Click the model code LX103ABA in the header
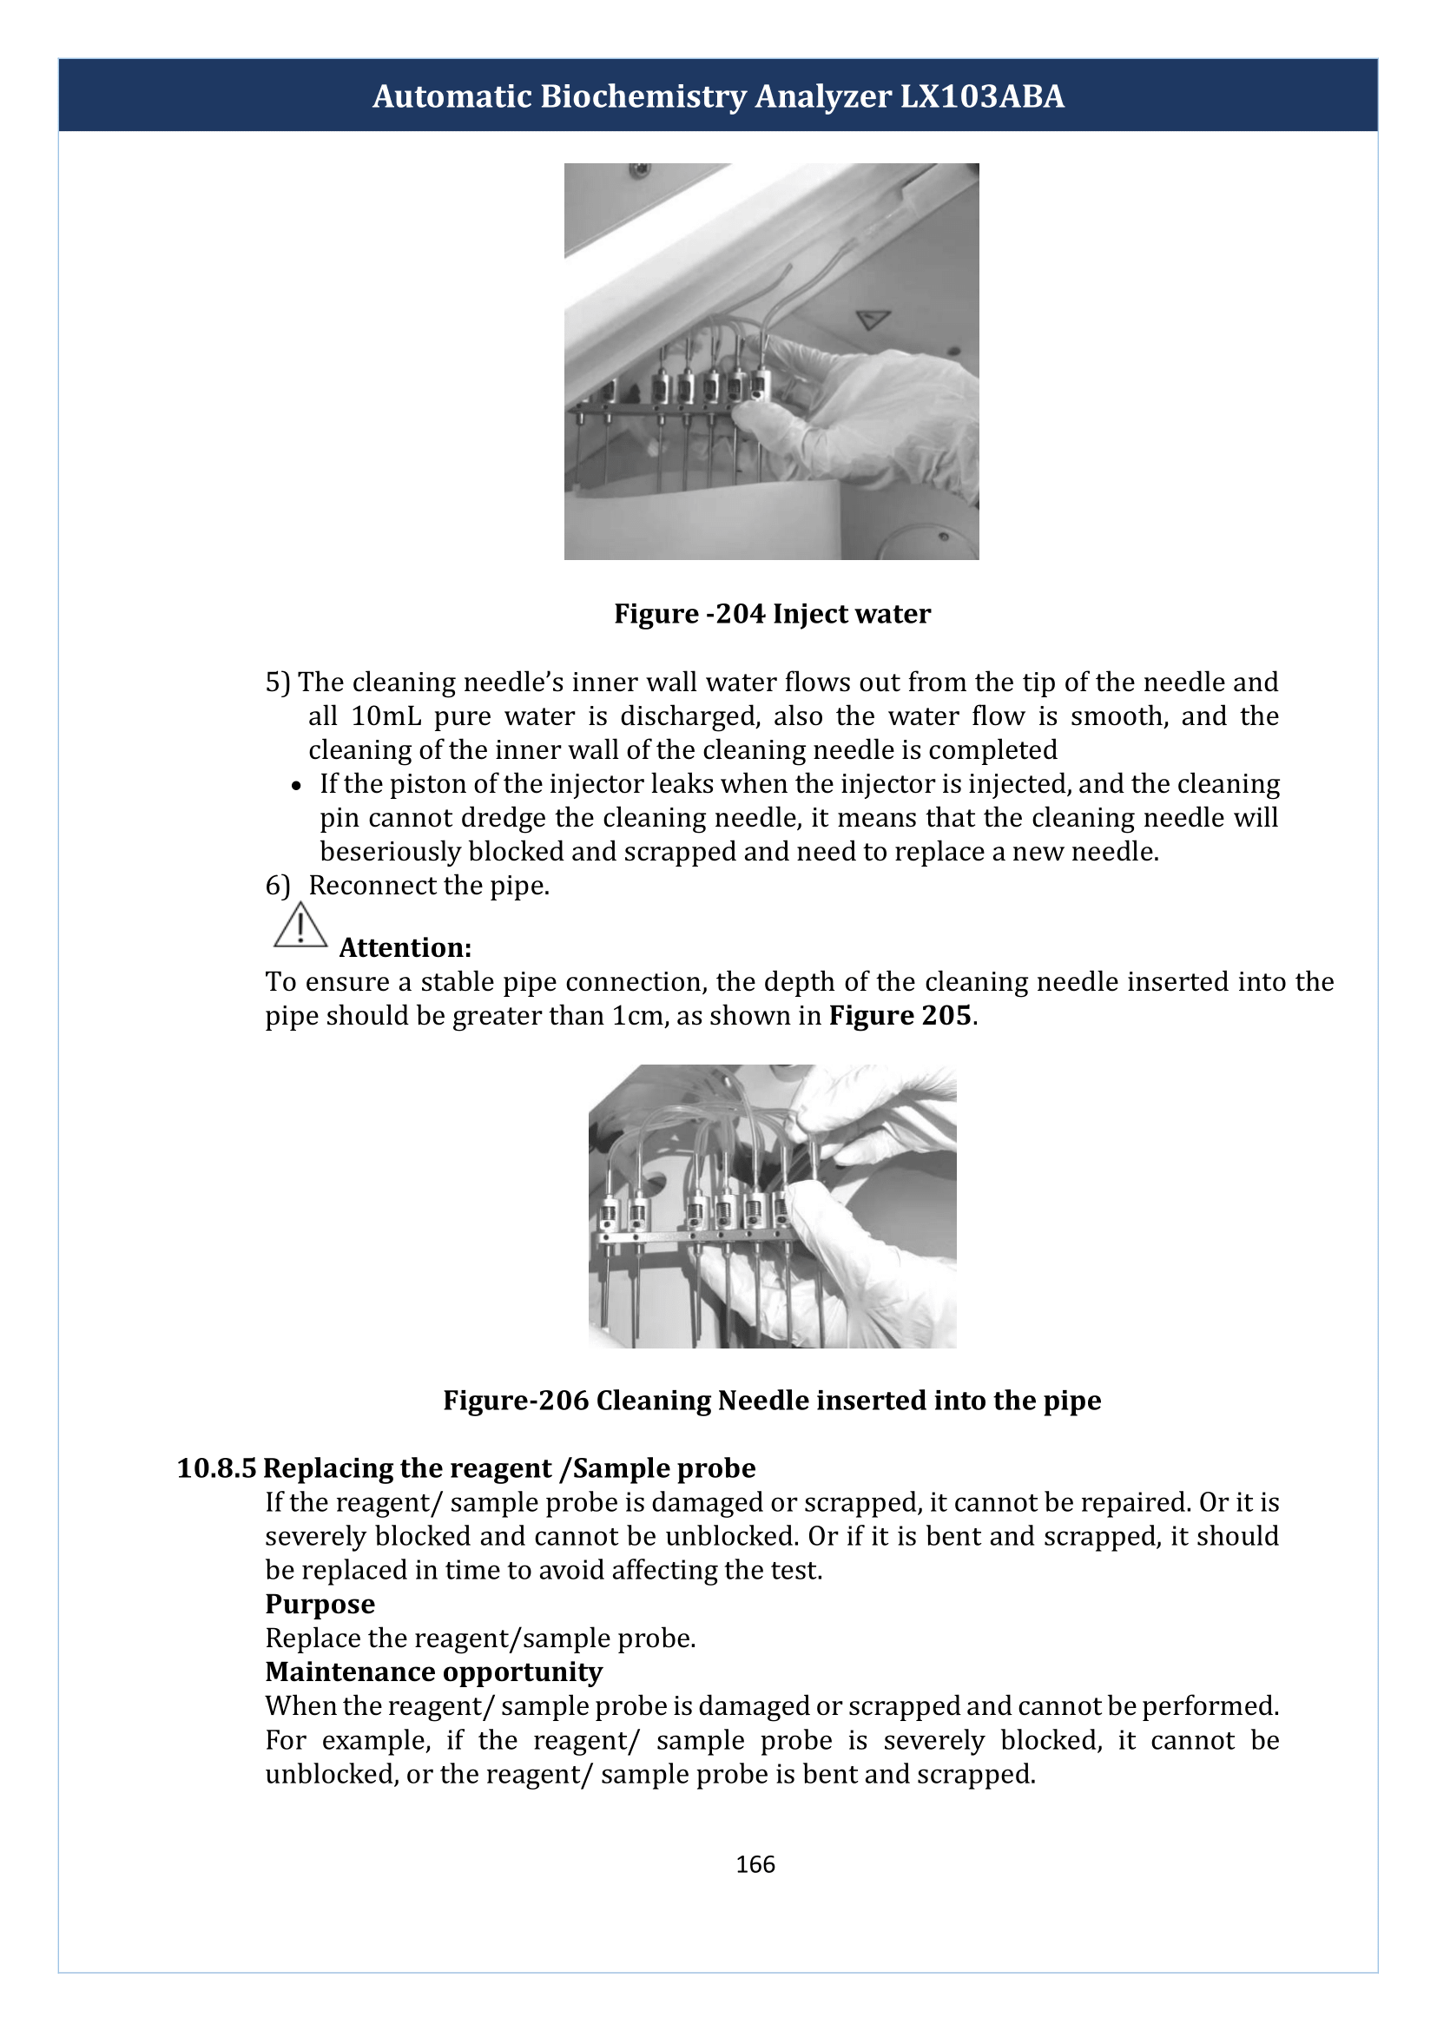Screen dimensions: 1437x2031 click(982, 96)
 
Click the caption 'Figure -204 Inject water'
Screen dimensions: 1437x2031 click(773, 613)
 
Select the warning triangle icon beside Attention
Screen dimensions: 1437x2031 click(300, 925)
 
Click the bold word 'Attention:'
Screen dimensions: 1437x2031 click(405, 948)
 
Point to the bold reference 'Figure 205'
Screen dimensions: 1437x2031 click(900, 1015)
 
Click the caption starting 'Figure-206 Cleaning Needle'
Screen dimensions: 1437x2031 click(773, 1400)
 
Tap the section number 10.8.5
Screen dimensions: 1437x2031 click(217, 1468)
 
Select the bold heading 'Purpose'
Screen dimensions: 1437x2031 click(320, 1604)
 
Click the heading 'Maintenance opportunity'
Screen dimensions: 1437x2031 click(433, 1672)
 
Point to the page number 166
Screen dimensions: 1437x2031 click(755, 1864)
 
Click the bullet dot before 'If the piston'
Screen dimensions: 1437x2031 click(298, 786)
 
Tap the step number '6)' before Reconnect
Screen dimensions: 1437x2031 click(278, 886)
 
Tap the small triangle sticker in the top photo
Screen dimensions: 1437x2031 click(873, 319)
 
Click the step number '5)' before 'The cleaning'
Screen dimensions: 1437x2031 click(278, 682)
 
